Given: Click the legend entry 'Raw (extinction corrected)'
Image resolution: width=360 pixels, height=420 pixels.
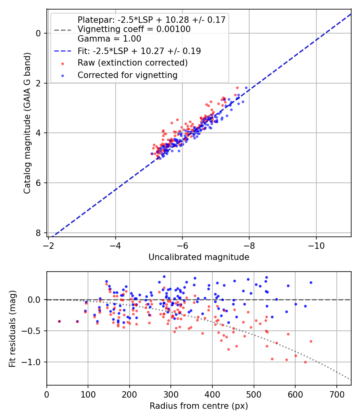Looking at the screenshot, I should tap(132, 63).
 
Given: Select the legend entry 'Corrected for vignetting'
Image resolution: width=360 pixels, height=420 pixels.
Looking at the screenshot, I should tap(127, 75).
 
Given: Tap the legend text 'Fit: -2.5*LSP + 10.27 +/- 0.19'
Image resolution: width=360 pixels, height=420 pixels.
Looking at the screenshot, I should tap(139, 51).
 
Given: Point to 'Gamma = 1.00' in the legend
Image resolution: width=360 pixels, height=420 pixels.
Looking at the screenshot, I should tap(109, 39).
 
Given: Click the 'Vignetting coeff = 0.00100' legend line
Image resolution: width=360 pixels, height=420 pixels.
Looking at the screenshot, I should tap(134, 29).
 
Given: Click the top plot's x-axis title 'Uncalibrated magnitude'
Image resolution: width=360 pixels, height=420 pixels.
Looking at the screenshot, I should tap(199, 257).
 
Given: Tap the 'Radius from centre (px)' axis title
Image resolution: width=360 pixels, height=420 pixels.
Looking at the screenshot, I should tap(199, 406).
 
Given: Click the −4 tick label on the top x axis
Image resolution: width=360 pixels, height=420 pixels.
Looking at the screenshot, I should tap(116, 245).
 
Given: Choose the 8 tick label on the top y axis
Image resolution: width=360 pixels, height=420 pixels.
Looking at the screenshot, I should tap(38, 233).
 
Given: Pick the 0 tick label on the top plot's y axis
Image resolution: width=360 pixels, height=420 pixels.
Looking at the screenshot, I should tap(38, 33).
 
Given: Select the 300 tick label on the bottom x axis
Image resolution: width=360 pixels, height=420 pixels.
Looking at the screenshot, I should tap(171, 394).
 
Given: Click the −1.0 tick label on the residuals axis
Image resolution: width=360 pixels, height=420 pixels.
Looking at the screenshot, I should tap(33, 362).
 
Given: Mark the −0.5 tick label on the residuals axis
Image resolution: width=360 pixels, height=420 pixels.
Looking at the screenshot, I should tap(33, 331).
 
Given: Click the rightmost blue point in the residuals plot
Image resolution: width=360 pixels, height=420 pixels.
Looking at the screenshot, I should tap(311, 282).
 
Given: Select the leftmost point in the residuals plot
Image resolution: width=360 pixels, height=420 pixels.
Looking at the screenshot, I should tap(59, 321).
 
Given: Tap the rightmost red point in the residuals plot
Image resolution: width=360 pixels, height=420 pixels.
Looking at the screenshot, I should tap(311, 341).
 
